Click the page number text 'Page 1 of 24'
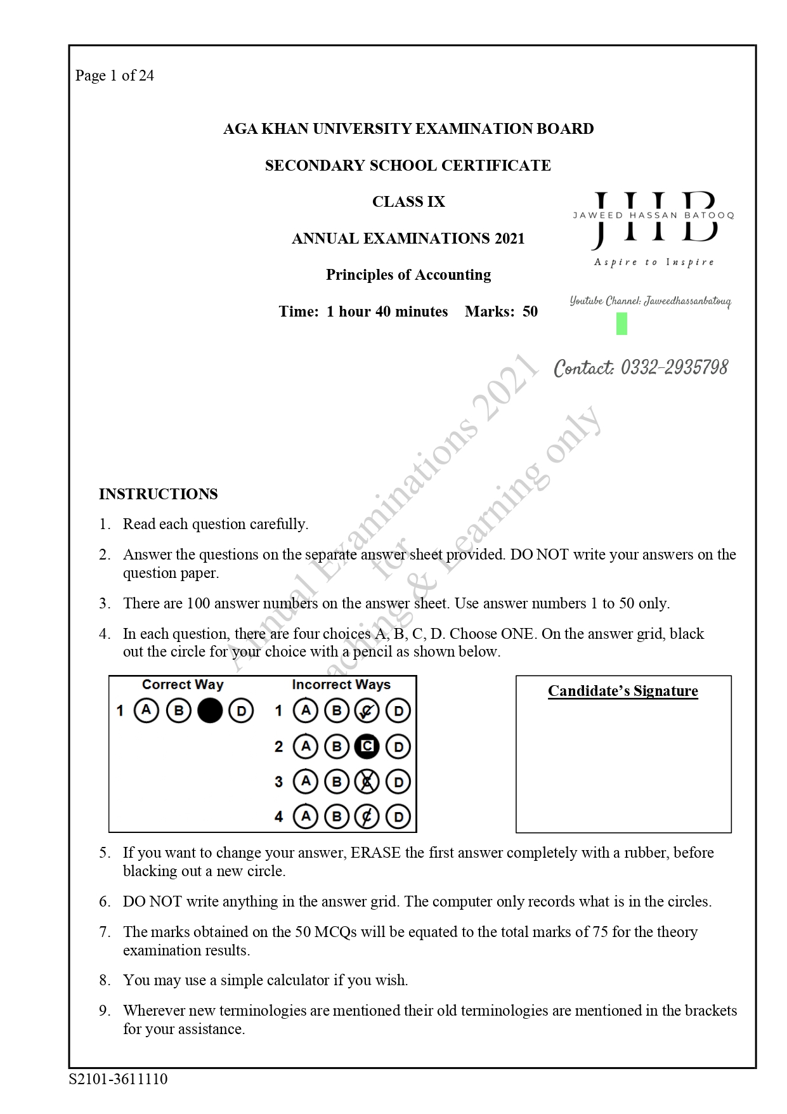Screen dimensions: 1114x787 pyautogui.click(x=114, y=76)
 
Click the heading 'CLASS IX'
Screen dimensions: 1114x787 pyautogui.click(x=408, y=202)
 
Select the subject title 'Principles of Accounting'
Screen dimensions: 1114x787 pyautogui.click(x=408, y=275)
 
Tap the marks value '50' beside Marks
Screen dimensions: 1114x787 pyautogui.click(x=530, y=311)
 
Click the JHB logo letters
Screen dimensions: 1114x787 pyautogui.click(x=654, y=220)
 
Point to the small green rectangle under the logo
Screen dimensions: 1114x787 pyautogui.click(x=621, y=324)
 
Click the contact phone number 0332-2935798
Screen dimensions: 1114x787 pyautogui.click(x=674, y=368)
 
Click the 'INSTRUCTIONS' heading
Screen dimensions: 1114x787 pyautogui.click(x=158, y=494)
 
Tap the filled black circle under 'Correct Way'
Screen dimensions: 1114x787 pyautogui.click(x=210, y=711)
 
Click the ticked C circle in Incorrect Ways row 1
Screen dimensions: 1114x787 pyautogui.click(x=367, y=711)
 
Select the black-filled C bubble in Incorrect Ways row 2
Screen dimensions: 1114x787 pyautogui.click(x=367, y=747)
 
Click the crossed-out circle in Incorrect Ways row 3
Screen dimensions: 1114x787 pyautogui.click(x=367, y=782)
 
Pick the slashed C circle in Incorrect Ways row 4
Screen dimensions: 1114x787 pyautogui.click(x=367, y=816)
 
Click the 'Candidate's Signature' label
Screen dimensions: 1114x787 pyautogui.click(x=623, y=691)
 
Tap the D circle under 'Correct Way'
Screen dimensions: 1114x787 pyautogui.click(x=241, y=711)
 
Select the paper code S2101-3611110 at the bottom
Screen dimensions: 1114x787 pyautogui.click(x=119, y=1079)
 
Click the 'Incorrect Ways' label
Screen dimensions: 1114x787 pyautogui.click(x=341, y=685)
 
